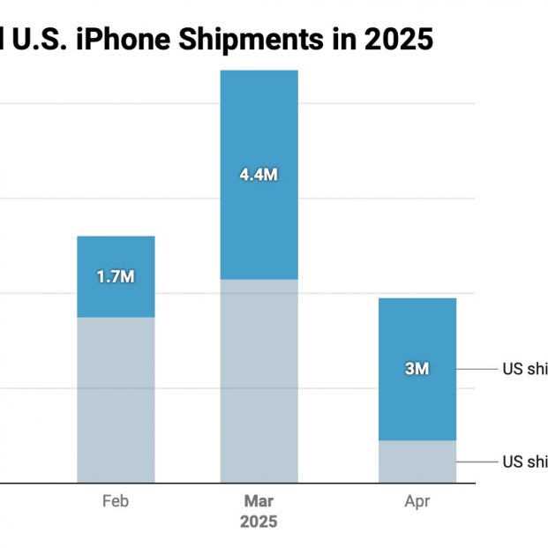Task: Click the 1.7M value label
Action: (x=116, y=276)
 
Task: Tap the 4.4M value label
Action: (x=259, y=175)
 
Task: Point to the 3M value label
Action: (x=417, y=369)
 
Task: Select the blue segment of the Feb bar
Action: (x=116, y=256)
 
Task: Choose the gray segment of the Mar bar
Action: (x=259, y=380)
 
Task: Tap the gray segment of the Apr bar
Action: (x=417, y=462)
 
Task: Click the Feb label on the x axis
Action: (x=116, y=502)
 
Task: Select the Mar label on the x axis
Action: (x=259, y=502)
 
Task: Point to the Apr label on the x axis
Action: (x=417, y=502)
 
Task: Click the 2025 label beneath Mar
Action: (x=259, y=522)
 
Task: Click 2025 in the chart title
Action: (x=399, y=41)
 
